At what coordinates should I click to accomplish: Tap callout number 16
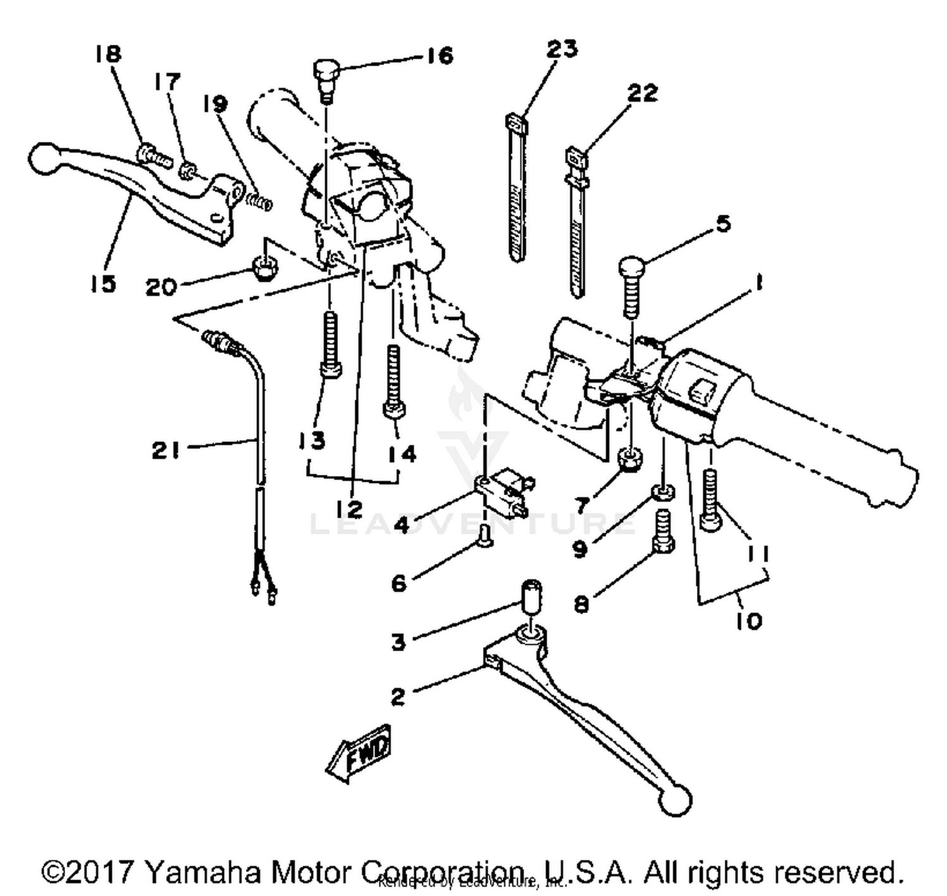439,56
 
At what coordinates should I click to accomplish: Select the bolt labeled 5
631,284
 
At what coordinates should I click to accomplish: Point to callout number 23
562,49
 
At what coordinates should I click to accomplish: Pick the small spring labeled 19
259,201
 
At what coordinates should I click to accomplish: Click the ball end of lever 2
675,801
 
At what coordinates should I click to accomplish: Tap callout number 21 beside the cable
166,451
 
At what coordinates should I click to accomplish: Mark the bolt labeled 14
394,382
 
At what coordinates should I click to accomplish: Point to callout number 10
749,621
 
